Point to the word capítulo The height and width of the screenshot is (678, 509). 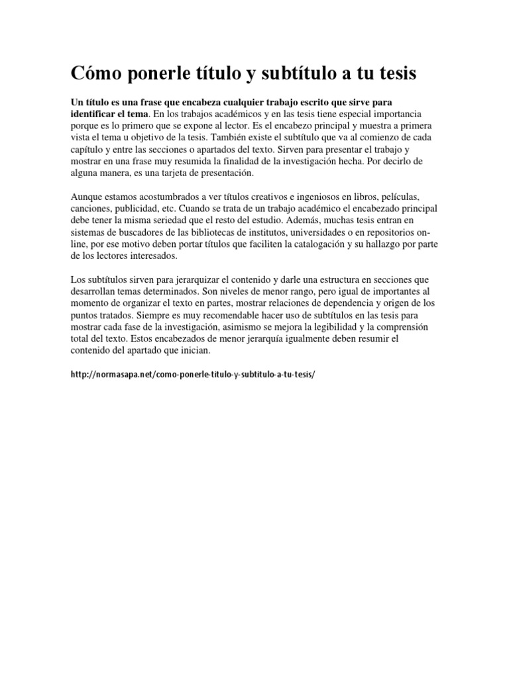click(89, 150)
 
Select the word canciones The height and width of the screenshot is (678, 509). click(92, 209)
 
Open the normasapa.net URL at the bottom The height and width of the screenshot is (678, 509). click(193, 375)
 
